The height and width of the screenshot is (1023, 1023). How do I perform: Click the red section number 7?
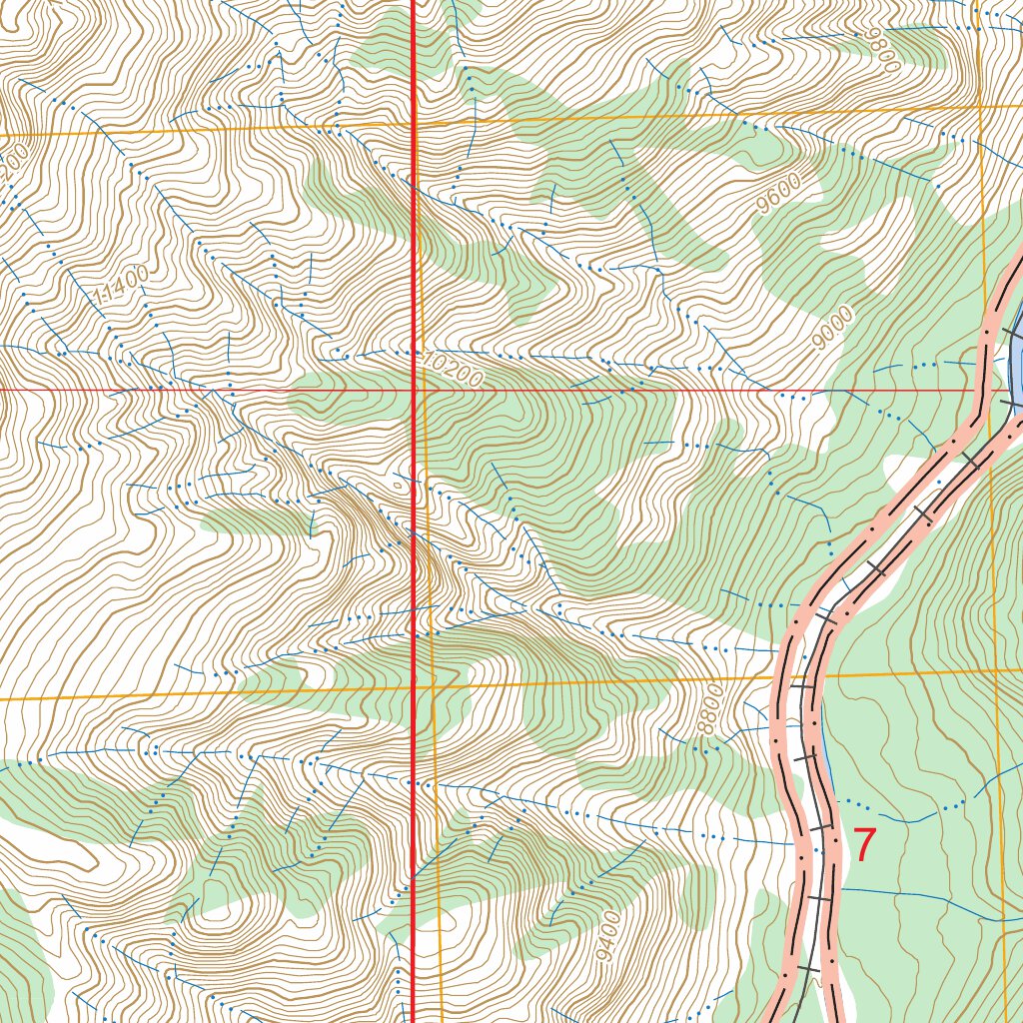point(864,845)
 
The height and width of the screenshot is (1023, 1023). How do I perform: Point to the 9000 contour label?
point(833,329)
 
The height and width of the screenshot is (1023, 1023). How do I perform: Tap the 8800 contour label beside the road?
point(710,709)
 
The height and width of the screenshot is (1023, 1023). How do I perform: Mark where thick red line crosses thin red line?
point(415,390)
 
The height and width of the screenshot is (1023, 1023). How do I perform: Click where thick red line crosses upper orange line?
point(415,125)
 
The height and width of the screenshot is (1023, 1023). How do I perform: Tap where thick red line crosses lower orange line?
point(415,687)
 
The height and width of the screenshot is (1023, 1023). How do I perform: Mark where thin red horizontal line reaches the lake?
point(1009,390)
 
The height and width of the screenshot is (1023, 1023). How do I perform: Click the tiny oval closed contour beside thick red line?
point(403,488)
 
